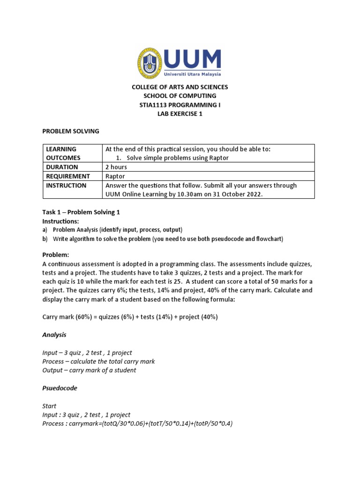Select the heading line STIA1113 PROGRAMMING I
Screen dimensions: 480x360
(180, 105)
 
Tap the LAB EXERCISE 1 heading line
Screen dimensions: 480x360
(180, 114)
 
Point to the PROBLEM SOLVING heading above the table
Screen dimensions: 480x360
(71, 131)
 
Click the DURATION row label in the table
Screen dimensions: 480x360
(62, 167)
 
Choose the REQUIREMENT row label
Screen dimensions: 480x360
(68, 176)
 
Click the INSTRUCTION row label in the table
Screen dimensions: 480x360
(66, 185)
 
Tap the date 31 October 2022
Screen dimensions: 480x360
(230, 194)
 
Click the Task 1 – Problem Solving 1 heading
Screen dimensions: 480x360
(81, 212)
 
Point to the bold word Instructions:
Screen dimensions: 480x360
(61, 221)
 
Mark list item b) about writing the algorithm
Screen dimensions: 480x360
(163, 239)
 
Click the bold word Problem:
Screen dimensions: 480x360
(56, 255)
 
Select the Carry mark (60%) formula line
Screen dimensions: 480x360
(130, 317)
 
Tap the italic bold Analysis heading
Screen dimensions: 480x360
(54, 335)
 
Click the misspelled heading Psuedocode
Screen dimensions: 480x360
(60, 388)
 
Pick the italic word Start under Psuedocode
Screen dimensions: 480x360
(49, 406)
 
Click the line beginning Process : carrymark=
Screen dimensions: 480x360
(137, 424)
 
